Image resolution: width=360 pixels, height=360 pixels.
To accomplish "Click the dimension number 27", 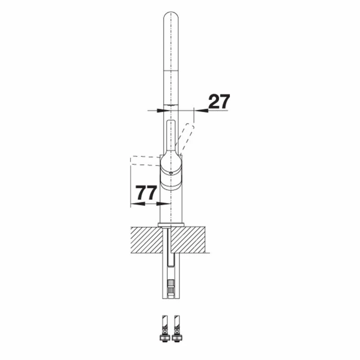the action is tap(219, 101).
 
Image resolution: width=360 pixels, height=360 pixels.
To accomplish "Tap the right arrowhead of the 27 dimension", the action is tap(201, 110).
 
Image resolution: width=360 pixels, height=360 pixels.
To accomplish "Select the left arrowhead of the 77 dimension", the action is tap(138, 204).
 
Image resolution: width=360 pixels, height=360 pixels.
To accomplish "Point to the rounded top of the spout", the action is tap(171, 17).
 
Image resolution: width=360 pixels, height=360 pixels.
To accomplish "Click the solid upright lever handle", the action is tap(171, 135).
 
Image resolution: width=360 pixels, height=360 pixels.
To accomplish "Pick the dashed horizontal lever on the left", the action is tap(145, 161).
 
